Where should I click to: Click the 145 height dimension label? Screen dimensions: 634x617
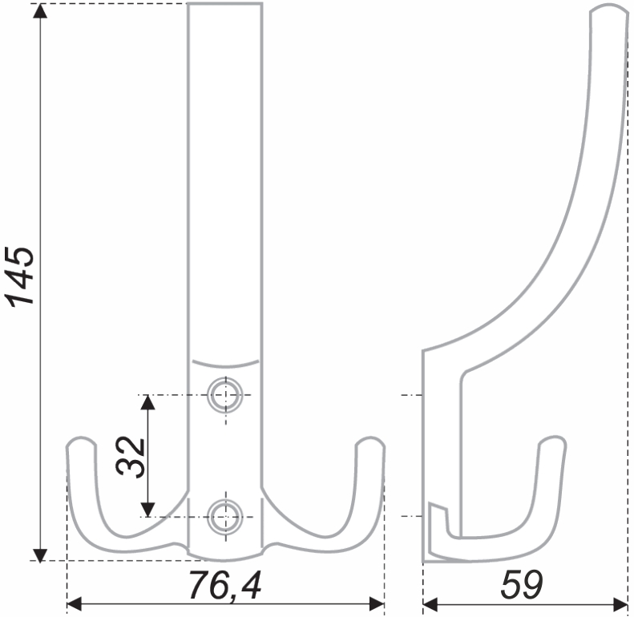[19, 276]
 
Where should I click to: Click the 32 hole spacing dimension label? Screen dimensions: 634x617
[130, 457]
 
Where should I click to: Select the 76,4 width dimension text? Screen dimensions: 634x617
[225, 585]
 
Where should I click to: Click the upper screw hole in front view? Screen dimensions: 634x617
[225, 394]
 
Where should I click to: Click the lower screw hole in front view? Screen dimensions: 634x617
[225, 517]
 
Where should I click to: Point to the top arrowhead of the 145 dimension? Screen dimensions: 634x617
[39, 11]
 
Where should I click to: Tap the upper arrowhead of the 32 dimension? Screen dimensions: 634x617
[148, 402]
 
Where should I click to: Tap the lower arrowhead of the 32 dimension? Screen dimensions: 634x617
[148, 510]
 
